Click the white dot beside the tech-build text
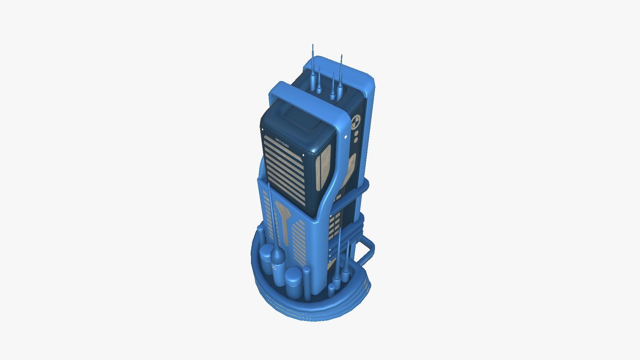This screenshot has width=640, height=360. (263, 129)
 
